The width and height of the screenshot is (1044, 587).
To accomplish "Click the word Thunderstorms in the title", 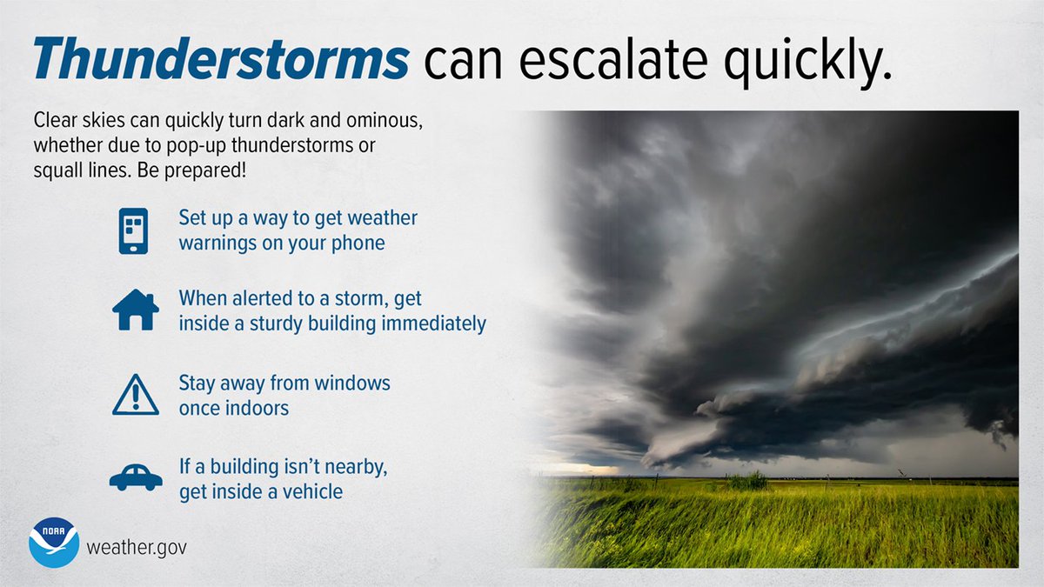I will [221, 60].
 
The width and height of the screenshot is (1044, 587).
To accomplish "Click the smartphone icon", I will [133, 230].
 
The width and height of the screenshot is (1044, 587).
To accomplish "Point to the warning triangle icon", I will [136, 395].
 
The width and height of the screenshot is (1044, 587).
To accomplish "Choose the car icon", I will [136, 477].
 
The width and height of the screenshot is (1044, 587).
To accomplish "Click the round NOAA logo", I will [54, 543].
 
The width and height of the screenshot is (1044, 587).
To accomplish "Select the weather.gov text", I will [136, 549].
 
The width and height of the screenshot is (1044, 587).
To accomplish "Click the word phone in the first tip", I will [358, 242].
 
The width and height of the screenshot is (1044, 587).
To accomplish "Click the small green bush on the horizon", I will [747, 480].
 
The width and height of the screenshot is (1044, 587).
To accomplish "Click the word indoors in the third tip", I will [258, 407].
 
